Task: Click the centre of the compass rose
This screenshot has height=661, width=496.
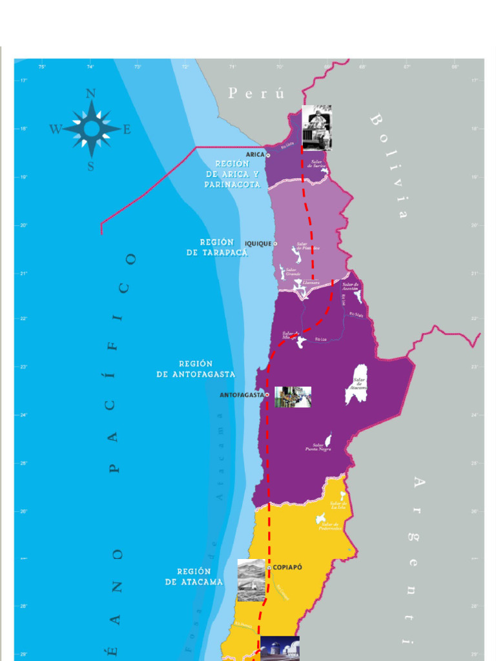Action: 91,129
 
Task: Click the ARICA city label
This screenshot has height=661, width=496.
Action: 256,155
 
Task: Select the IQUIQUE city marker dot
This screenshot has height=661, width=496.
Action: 275,244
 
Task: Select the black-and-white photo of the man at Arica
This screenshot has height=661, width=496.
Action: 316,128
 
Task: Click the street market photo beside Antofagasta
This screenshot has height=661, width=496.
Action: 293,397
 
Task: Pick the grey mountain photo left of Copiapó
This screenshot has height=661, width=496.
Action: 251,580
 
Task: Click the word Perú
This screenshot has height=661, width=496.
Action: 256,94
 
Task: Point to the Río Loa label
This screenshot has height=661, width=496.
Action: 321,339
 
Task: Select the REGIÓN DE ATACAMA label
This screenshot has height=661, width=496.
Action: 194,576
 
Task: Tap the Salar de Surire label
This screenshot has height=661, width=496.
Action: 316,164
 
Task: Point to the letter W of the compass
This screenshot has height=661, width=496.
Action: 55,129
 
